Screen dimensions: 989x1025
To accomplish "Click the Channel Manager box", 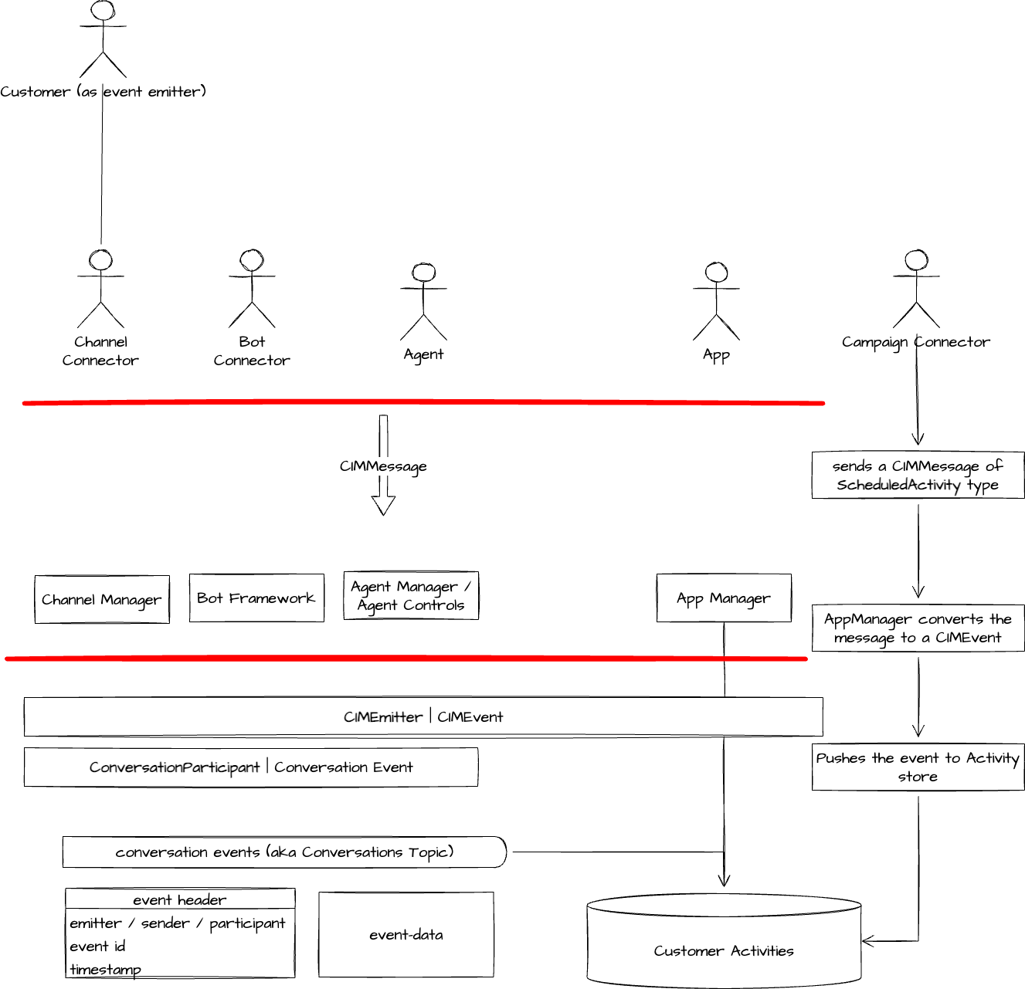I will [102, 599].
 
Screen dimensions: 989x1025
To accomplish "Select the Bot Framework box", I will [256, 598].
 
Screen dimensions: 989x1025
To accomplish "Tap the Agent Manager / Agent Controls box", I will [411, 596].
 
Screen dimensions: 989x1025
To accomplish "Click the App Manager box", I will [724, 598].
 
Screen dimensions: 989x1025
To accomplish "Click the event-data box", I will [406, 934].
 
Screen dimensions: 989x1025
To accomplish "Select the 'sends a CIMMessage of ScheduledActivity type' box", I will [918, 476].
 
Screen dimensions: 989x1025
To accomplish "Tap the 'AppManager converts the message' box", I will [918, 628].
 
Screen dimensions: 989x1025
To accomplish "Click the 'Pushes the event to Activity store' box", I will [918, 767].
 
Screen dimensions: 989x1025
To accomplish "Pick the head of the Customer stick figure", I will [103, 11].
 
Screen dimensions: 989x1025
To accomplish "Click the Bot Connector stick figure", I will [252, 290].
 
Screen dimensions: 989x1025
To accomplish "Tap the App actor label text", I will [716, 355].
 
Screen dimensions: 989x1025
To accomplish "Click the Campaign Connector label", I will [915, 342].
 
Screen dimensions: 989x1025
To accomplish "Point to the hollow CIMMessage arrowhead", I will [383, 505].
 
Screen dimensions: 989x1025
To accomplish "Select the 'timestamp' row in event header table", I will [106, 969].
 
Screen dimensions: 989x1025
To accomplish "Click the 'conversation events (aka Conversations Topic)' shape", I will [284, 852].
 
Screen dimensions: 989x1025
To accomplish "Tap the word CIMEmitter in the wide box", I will [383, 716].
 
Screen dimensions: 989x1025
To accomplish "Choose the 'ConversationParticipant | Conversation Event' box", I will [251, 767].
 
